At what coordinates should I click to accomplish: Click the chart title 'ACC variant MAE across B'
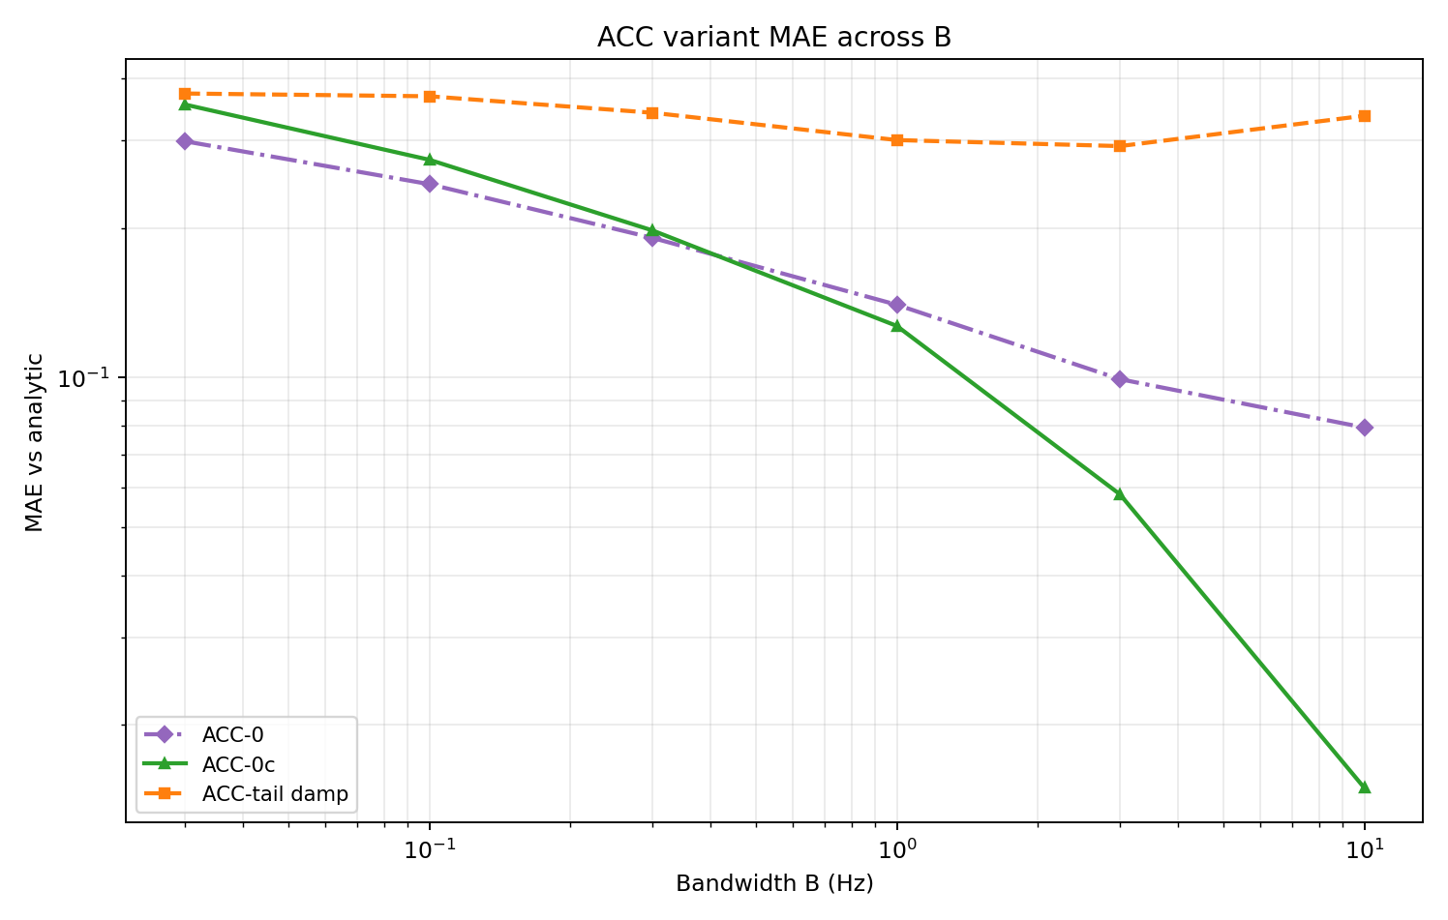click(774, 37)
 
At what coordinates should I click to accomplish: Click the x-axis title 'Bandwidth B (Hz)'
click(774, 883)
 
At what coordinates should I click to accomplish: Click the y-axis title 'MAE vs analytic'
click(35, 442)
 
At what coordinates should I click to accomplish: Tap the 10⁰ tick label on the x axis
click(897, 849)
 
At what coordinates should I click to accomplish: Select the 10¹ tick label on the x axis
click(1365, 849)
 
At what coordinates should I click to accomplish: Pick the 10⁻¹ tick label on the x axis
click(429, 849)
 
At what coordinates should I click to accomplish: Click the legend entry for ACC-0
click(232, 735)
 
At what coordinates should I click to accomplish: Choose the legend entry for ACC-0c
click(238, 764)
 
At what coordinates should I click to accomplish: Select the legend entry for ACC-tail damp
click(274, 794)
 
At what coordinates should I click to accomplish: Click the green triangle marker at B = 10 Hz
click(1365, 786)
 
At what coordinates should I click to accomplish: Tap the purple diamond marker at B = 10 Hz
click(1365, 428)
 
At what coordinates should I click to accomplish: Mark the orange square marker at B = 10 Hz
click(1365, 116)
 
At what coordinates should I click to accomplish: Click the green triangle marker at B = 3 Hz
click(1120, 493)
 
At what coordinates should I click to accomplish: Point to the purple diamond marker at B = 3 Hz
click(1120, 379)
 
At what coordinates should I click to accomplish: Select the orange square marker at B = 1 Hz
click(897, 140)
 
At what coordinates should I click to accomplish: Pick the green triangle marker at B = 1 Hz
click(897, 325)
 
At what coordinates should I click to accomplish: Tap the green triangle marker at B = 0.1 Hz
click(430, 159)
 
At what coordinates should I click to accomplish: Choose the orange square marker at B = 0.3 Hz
click(652, 113)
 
